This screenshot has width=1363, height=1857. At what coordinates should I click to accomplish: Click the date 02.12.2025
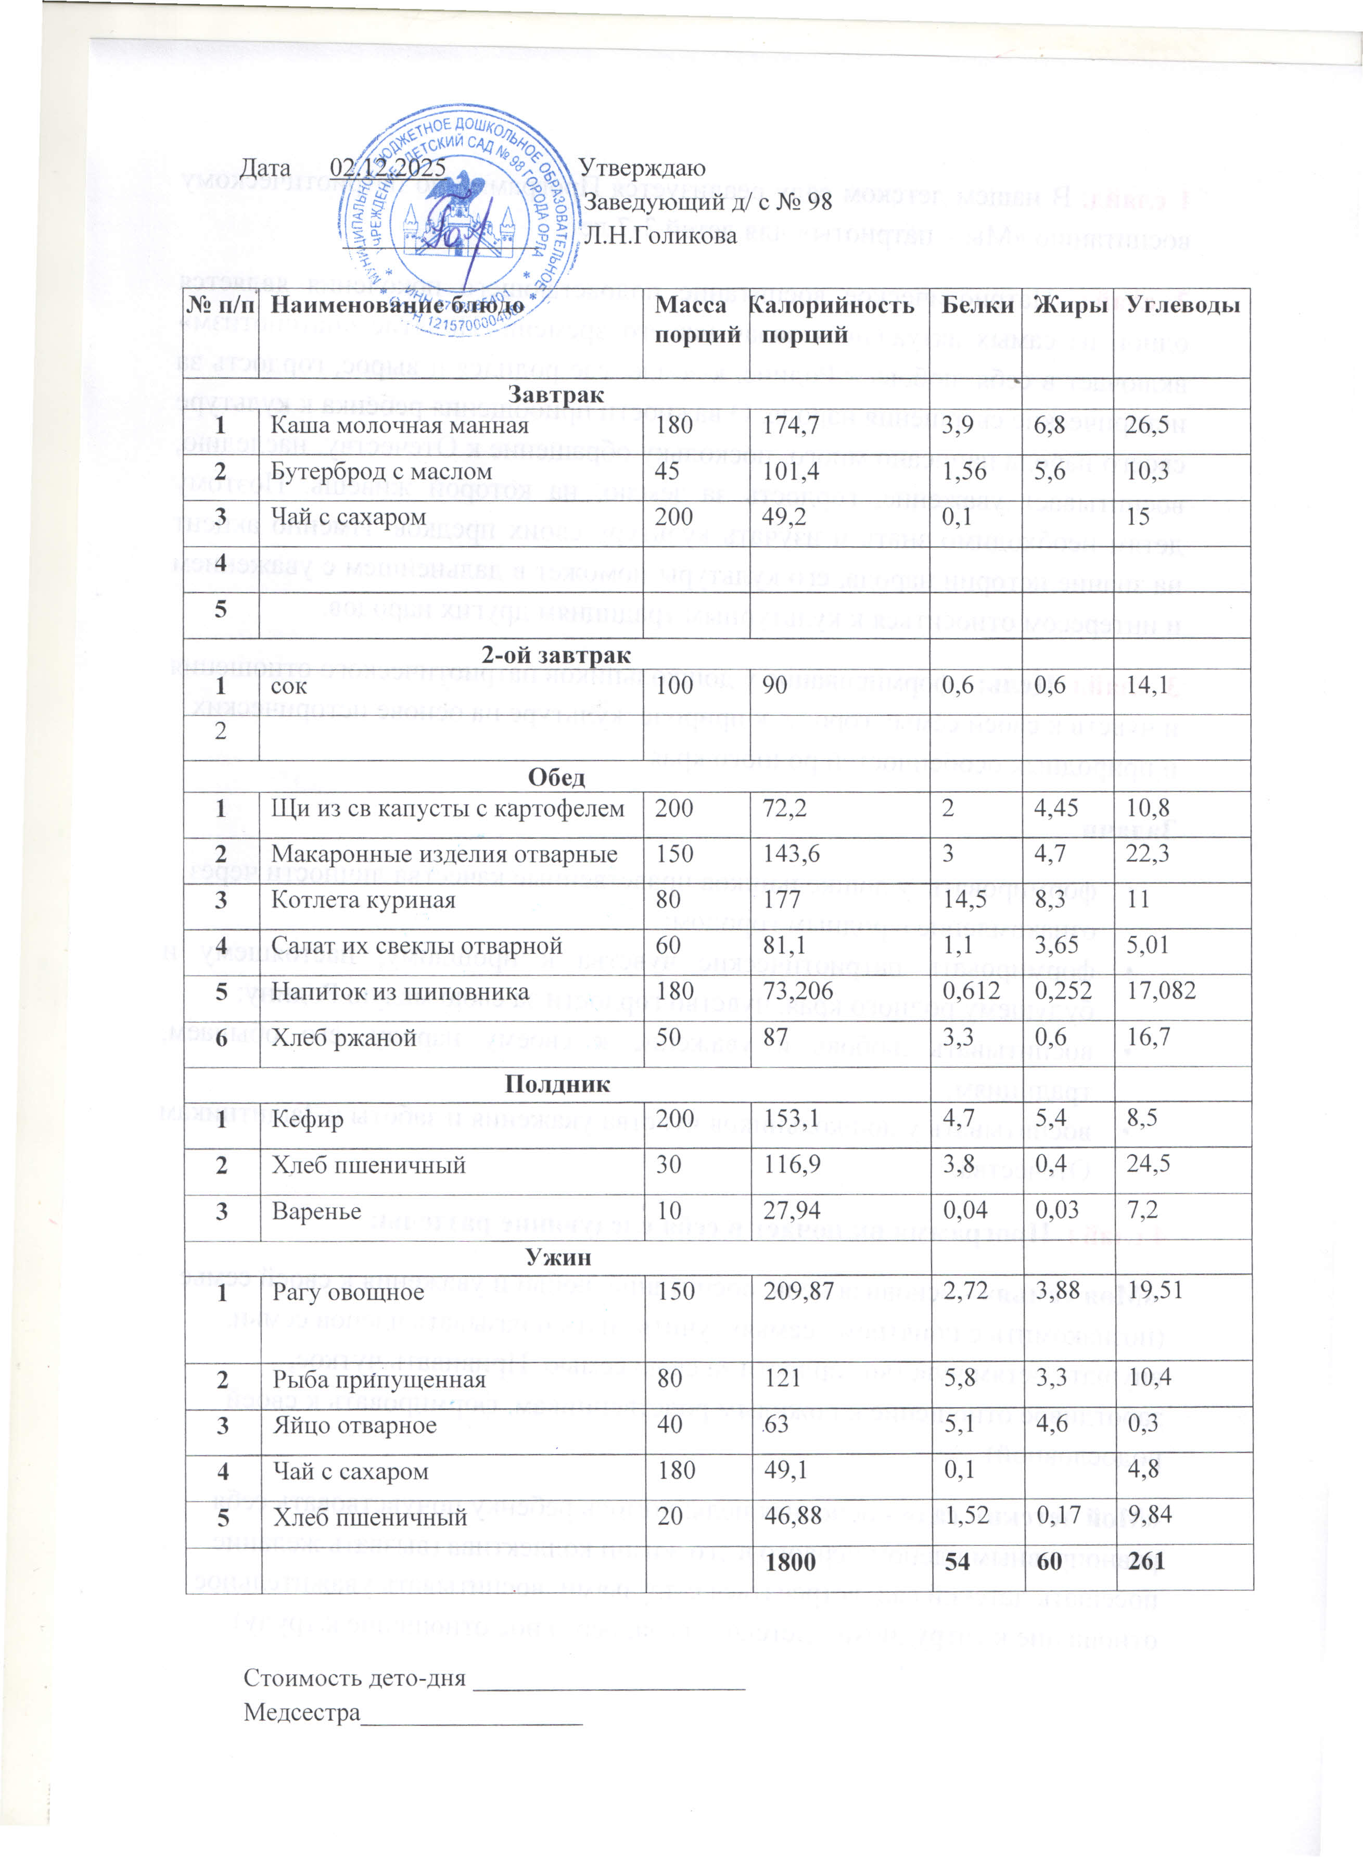tap(388, 168)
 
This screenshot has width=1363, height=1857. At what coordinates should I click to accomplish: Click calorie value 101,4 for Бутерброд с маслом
tap(788, 472)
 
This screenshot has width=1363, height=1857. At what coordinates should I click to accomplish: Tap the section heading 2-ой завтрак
tap(556, 656)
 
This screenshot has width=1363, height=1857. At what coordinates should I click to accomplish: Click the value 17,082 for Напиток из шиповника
tap(1161, 991)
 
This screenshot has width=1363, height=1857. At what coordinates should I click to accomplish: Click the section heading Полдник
tap(557, 1084)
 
